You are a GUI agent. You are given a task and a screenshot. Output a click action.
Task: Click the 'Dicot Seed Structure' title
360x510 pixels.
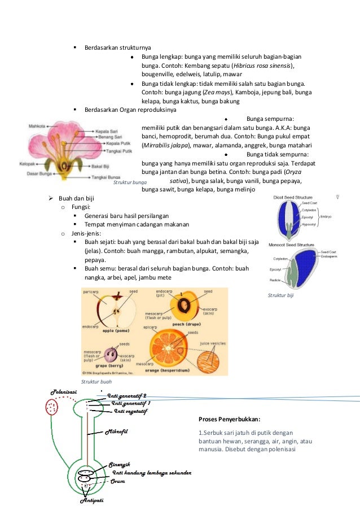(293, 198)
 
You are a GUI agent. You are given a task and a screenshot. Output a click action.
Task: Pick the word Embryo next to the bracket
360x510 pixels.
(327, 216)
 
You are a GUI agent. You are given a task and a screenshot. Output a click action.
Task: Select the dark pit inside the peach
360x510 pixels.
(185, 306)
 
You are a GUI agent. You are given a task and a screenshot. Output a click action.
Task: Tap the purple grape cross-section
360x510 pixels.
(111, 356)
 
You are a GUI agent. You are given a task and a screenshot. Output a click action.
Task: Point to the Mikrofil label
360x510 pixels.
(117, 432)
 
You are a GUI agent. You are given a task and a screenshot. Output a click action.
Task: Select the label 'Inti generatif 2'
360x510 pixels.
(127, 395)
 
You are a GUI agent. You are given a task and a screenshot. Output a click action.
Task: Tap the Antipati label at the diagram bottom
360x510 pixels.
(92, 501)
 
